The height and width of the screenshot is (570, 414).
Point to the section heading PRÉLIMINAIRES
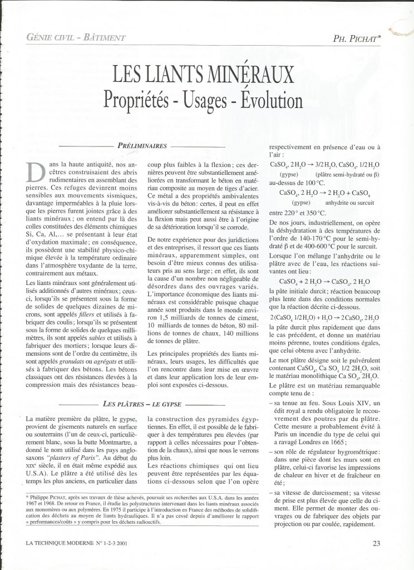click(x=142, y=146)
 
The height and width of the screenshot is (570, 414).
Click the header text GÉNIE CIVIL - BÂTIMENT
click(x=71, y=38)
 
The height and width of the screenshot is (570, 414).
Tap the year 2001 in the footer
click(x=124, y=544)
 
